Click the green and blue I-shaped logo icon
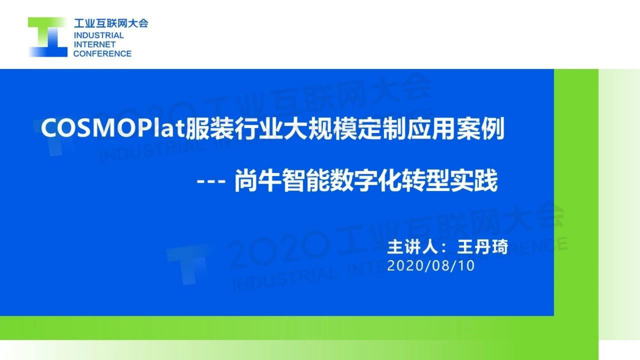point(48,37)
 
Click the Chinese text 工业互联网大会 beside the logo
point(111,23)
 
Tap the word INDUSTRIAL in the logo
point(99,36)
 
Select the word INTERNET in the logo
point(95,44)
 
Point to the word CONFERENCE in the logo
point(102,54)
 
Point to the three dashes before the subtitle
point(211,181)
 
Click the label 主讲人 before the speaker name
point(413,247)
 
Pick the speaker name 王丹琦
point(482,247)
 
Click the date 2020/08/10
point(431,266)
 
